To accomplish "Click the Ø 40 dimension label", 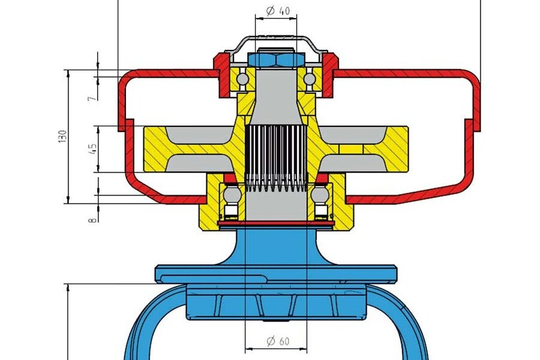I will click(x=278, y=11).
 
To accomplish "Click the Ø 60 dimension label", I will click(x=278, y=341).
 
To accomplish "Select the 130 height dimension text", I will click(x=62, y=137).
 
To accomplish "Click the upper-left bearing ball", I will click(x=242, y=79).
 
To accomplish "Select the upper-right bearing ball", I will click(x=310, y=79).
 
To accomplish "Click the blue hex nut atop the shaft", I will click(x=276, y=60).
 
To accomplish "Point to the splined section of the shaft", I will click(x=276, y=158).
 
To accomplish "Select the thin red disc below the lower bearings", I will click(x=276, y=223).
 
